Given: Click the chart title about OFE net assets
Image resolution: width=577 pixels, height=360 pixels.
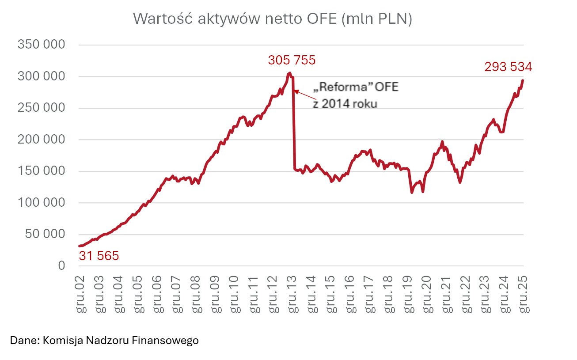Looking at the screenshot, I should click(x=272, y=19).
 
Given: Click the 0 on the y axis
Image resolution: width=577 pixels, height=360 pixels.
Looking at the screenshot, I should click(x=61, y=266).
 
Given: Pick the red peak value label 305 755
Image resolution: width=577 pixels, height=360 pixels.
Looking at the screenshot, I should click(x=292, y=60).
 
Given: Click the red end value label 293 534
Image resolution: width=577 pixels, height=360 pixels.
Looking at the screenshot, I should click(x=508, y=67).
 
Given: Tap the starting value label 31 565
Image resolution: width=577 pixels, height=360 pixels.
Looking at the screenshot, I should click(x=99, y=256).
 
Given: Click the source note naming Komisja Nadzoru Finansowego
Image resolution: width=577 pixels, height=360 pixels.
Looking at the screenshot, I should click(x=104, y=341).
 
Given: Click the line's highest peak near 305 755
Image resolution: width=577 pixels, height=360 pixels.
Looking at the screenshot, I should click(x=289, y=73).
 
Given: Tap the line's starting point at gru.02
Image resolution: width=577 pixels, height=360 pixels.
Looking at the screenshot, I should click(x=80, y=246).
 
